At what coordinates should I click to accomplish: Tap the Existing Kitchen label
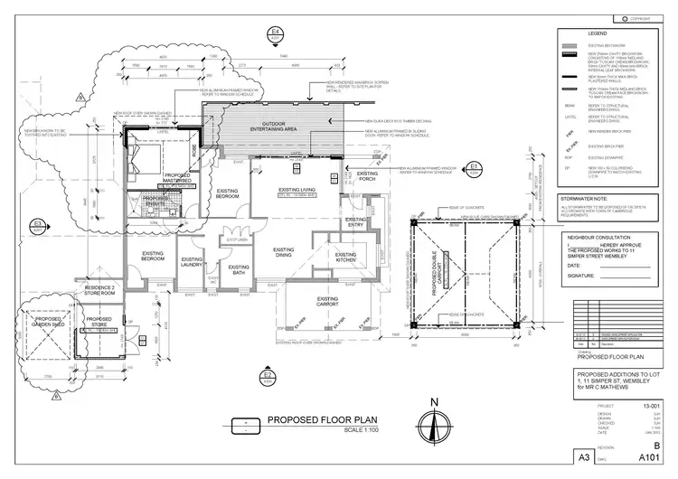[x=345, y=257]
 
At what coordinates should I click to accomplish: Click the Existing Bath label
[x=239, y=268]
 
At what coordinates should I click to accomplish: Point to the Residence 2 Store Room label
[x=97, y=290]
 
